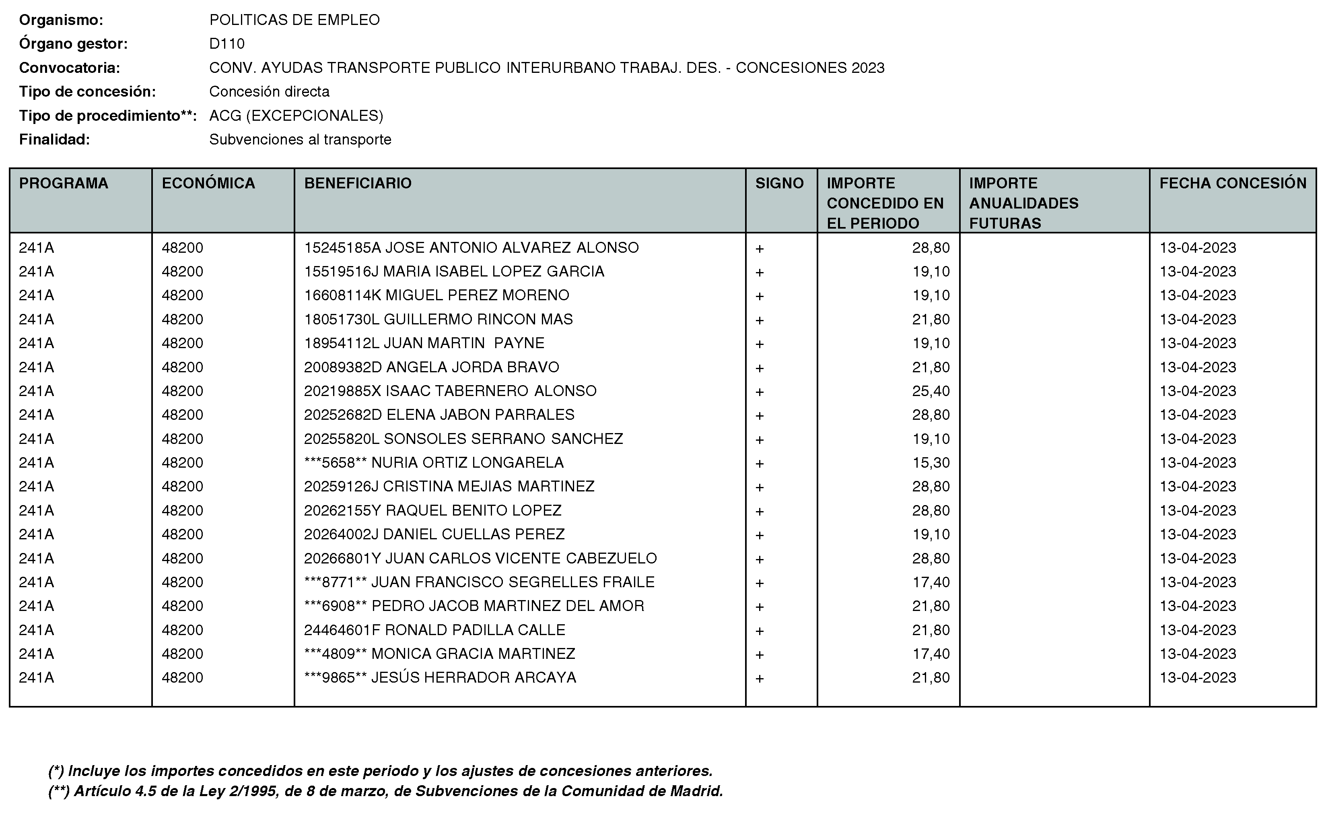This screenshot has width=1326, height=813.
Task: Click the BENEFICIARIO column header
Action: point(358,183)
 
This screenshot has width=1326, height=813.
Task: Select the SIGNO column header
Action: point(779,183)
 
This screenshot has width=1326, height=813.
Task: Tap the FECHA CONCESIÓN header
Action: point(1232,183)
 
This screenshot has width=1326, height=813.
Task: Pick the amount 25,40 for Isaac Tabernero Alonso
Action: point(931,391)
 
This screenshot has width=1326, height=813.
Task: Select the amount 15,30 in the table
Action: point(931,462)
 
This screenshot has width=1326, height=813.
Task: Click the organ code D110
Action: point(226,43)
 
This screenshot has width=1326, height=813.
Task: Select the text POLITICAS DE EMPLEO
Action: point(294,20)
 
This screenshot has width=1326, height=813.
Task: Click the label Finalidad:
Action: point(54,139)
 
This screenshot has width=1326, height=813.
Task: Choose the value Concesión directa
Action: point(269,91)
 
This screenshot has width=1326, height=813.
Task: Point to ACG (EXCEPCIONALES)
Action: point(296,116)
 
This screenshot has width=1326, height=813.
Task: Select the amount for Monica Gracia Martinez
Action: point(931,654)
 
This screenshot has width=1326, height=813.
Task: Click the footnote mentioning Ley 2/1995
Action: point(385,791)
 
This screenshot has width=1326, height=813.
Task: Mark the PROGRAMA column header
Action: point(64,183)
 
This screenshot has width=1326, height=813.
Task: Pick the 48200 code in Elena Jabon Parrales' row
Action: point(182,415)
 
